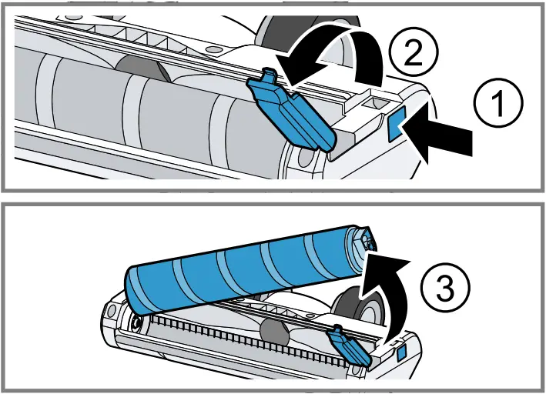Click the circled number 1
click(494, 105)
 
